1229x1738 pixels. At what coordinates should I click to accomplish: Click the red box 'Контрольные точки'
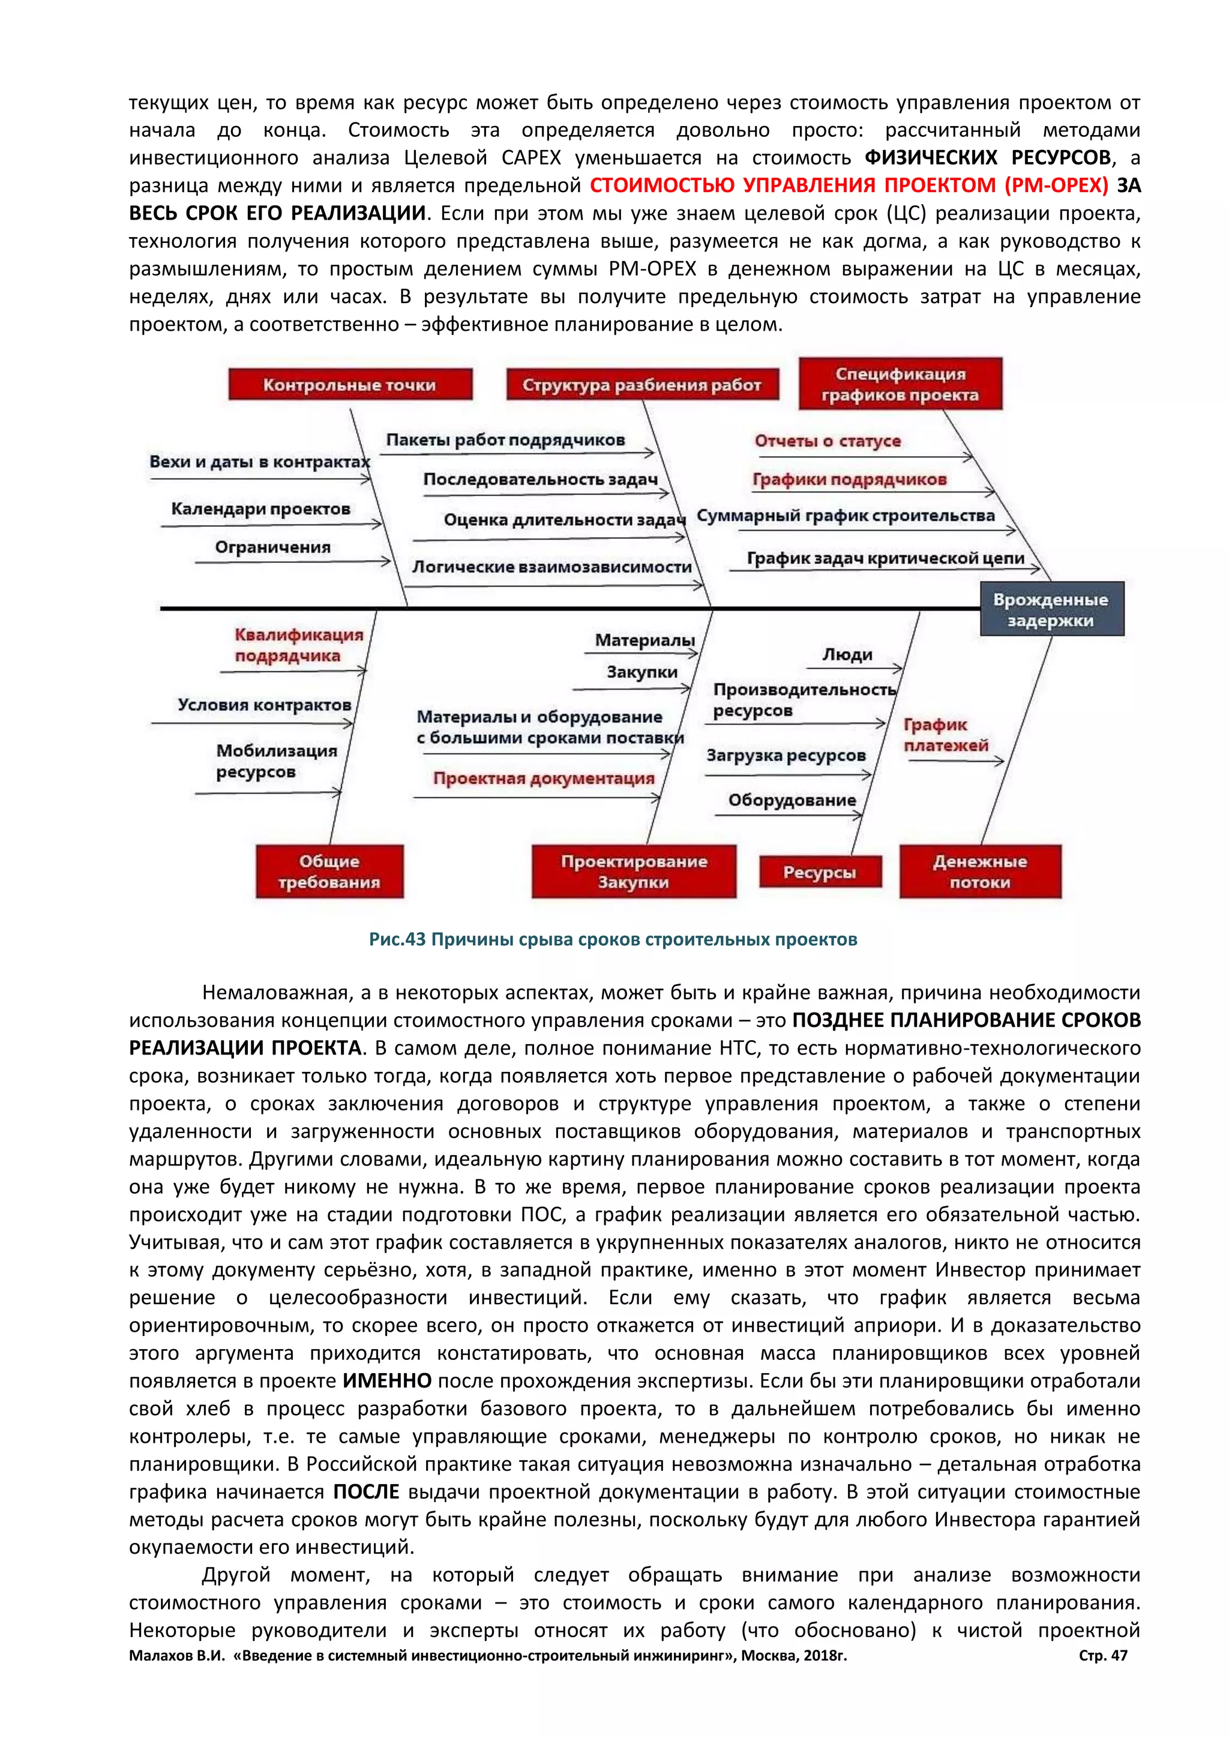350,385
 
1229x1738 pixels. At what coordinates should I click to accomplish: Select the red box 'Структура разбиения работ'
642,385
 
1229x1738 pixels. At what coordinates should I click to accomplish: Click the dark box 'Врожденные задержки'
1051,609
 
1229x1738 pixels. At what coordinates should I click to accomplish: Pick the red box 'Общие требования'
329,871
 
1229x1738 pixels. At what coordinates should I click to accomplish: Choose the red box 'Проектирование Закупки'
634,871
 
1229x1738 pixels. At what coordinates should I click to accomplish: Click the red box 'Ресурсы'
820,872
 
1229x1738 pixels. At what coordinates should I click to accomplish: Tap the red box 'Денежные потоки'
980,871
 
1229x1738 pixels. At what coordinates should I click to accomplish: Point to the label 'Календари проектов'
260,509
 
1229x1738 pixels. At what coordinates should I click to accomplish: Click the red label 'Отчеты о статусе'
827,441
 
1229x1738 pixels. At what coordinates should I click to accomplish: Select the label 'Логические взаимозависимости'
551,567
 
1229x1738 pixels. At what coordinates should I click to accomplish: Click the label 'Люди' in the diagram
847,655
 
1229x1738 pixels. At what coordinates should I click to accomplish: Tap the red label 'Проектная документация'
543,779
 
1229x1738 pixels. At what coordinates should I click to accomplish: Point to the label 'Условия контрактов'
264,705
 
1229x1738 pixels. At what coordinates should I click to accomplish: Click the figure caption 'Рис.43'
397,939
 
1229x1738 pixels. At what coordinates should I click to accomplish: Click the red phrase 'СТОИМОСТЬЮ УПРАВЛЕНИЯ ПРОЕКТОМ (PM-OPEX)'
849,185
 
